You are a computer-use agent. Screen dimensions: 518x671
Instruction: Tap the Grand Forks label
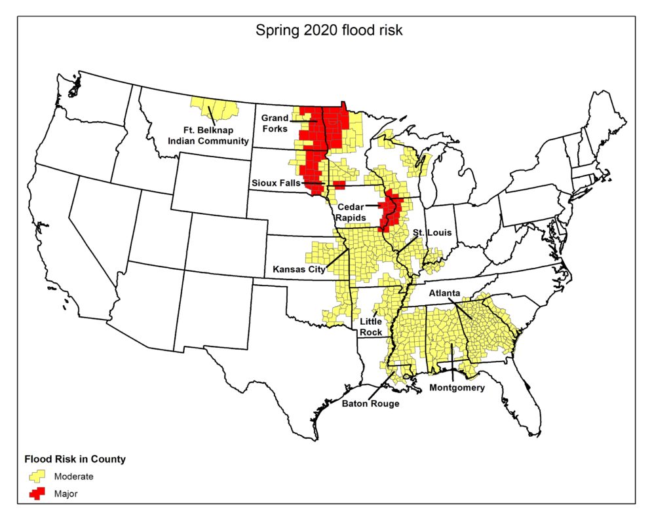[275, 123]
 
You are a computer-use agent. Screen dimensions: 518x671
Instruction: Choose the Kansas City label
[298, 269]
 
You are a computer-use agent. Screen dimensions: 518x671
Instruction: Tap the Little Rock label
[371, 327]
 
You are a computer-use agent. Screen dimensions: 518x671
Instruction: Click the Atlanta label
[445, 293]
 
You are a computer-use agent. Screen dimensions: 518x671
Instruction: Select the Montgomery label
[457, 388]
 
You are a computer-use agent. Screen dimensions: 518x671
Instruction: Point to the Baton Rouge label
[370, 403]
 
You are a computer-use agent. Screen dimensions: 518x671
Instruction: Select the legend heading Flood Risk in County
[75, 459]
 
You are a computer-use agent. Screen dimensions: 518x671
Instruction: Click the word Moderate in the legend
[73, 477]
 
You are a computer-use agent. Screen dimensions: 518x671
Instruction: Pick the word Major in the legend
[66, 494]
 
